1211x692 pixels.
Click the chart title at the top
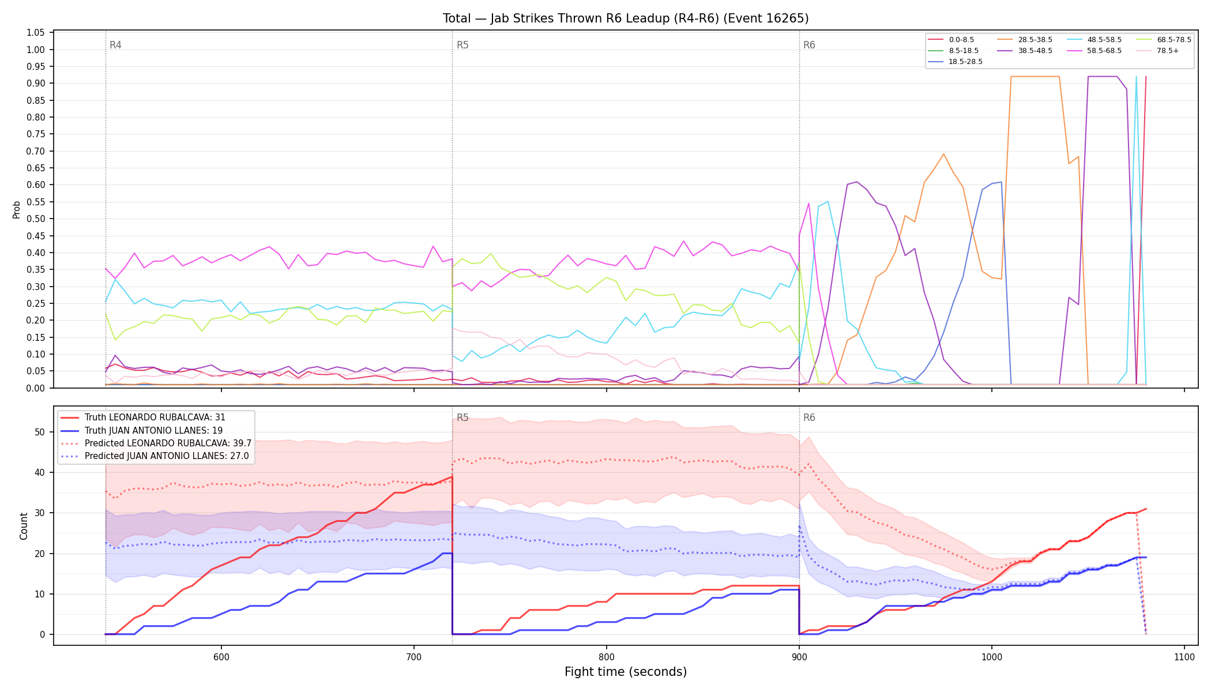pyautogui.click(x=626, y=18)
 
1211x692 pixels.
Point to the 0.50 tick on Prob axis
pyautogui.click(x=36, y=219)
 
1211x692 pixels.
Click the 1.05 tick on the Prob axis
pyautogui.click(x=36, y=33)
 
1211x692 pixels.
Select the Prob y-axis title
pyautogui.click(x=16, y=209)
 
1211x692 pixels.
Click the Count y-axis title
pyautogui.click(x=24, y=526)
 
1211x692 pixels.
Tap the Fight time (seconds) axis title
pyautogui.click(x=626, y=672)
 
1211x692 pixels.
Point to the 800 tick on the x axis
pyautogui.click(x=606, y=657)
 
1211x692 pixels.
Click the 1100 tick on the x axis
pyautogui.click(x=1184, y=657)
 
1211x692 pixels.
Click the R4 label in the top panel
pyautogui.click(x=115, y=45)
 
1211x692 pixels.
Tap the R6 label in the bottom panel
pyautogui.click(x=809, y=418)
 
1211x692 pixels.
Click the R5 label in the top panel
pyautogui.click(x=462, y=45)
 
